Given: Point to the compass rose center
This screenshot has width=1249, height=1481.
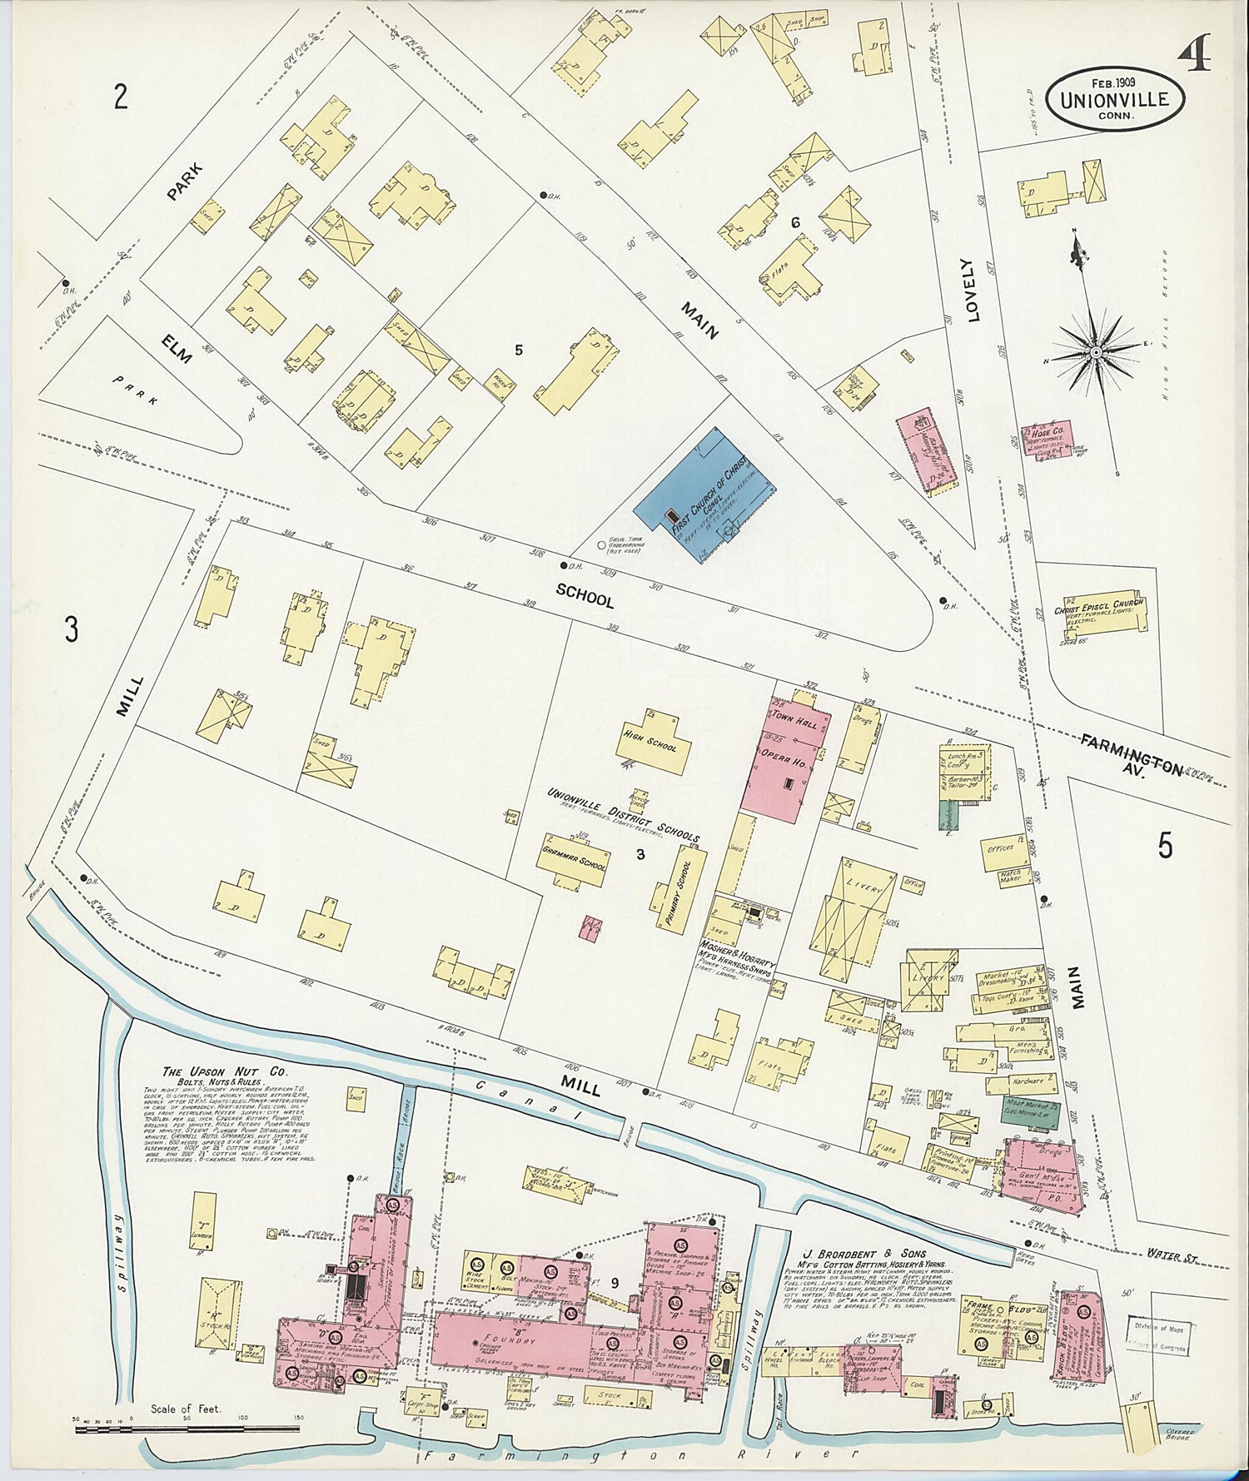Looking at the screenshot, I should (1096, 353).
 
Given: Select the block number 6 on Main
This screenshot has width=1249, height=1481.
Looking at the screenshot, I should (795, 222).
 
